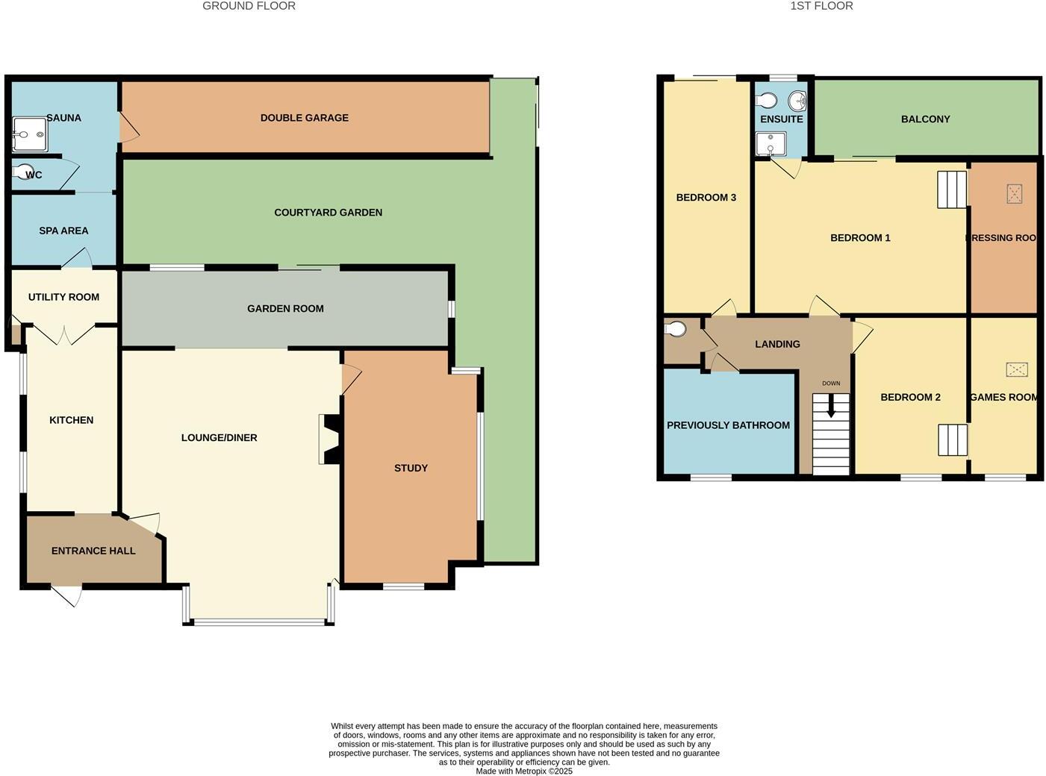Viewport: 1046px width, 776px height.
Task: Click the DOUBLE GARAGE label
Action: (304, 118)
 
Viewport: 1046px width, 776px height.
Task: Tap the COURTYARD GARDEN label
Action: (328, 213)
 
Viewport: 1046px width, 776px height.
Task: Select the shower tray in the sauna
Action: (29, 134)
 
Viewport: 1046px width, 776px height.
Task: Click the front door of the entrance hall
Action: (66, 595)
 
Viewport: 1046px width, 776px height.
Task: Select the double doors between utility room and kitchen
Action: (63, 334)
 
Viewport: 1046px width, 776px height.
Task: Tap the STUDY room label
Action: (411, 468)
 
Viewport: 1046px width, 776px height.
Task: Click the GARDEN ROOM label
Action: (285, 309)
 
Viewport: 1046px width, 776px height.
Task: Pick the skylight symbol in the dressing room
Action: (1014, 194)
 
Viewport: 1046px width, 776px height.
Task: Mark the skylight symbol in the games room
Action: (1016, 369)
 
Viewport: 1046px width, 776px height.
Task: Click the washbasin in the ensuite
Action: (797, 101)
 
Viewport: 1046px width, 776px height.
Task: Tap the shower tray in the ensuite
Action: (771, 143)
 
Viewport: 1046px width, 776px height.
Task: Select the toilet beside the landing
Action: (676, 329)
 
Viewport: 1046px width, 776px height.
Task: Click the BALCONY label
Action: (925, 119)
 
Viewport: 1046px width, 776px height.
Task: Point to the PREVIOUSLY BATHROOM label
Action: (728, 425)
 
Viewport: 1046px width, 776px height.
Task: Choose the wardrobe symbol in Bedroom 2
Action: (953, 439)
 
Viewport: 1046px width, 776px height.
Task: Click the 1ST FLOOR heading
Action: (821, 6)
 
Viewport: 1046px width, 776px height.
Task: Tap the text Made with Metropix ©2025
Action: (524, 772)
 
